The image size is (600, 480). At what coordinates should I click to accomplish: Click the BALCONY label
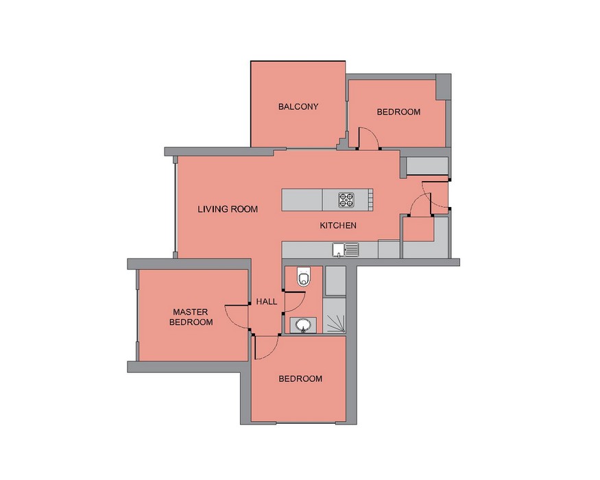coord(298,107)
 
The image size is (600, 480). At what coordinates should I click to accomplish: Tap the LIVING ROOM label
coord(228,209)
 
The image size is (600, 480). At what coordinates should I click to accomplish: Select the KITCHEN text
coord(338,226)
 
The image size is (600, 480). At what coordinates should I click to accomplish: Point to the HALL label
coord(267,302)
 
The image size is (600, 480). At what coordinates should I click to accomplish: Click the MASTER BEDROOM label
coord(191,317)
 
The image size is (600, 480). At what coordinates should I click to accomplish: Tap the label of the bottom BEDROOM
coord(300,379)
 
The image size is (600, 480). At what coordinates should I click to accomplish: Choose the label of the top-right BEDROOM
coord(398,112)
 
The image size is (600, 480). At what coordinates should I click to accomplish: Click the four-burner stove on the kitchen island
coord(346,200)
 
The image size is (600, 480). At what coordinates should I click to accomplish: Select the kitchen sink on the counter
coord(346,250)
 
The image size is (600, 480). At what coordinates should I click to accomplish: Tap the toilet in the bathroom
coord(304,276)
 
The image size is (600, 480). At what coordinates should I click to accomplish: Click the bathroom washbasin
coord(303,325)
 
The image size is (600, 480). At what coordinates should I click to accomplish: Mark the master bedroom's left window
coord(137,315)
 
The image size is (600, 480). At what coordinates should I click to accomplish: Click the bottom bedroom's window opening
coord(305,422)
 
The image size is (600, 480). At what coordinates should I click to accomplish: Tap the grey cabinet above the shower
coord(335,281)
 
